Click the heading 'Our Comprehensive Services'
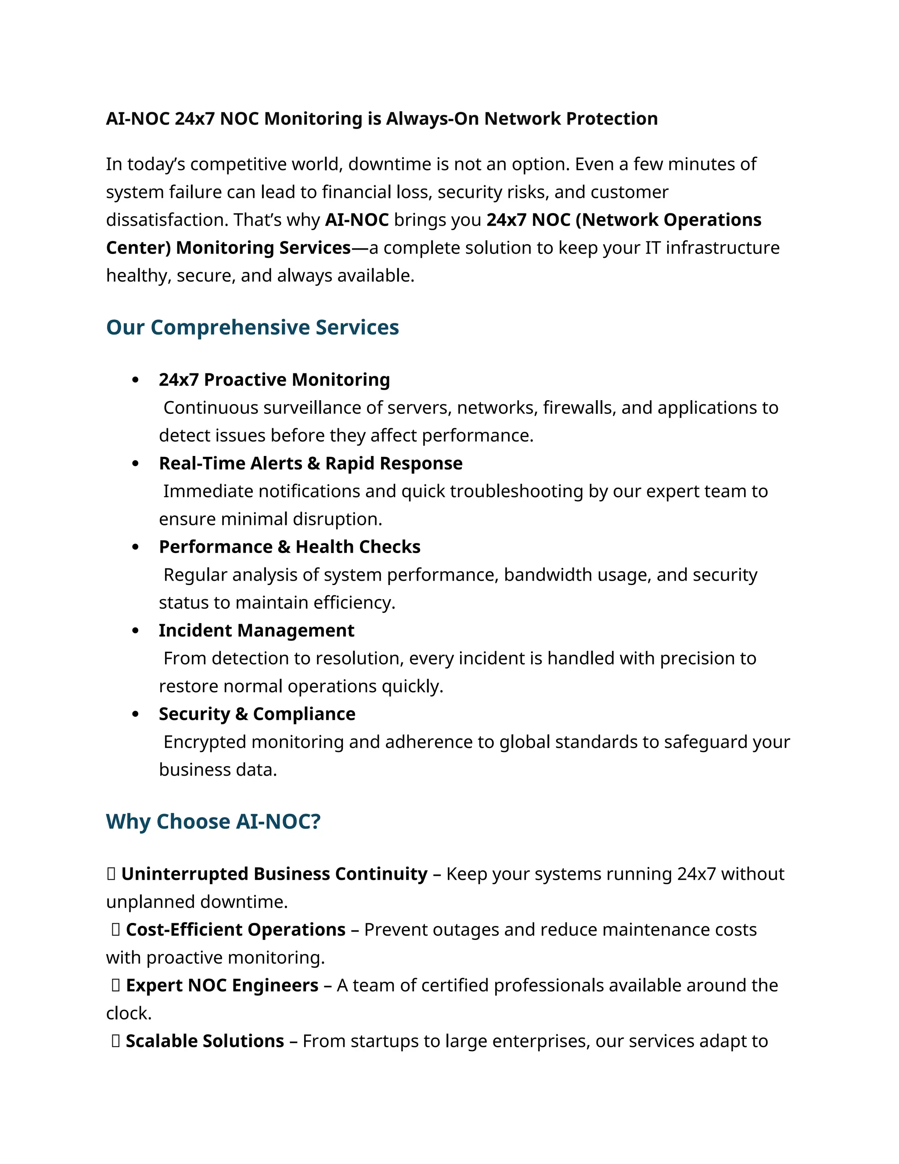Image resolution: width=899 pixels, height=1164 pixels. tap(252, 327)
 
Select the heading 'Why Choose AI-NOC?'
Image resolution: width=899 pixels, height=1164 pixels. tap(213, 821)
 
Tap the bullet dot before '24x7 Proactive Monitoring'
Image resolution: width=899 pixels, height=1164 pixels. tap(135, 380)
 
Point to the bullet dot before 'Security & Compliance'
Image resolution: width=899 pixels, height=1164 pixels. tap(135, 714)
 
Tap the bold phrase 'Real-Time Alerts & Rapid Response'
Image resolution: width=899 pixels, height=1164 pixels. tap(310, 463)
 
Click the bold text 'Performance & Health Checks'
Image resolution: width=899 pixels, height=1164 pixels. tap(290, 547)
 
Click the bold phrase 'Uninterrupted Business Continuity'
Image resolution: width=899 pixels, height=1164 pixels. tap(274, 874)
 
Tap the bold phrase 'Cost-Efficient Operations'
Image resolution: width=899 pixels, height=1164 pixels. tap(235, 929)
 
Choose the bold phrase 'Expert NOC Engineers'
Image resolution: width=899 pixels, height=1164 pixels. tap(222, 986)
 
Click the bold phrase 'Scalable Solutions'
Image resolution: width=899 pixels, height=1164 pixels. tap(205, 1041)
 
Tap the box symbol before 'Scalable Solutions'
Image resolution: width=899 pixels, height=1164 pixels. tap(115, 1041)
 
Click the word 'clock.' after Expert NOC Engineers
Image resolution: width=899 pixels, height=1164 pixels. tap(129, 1013)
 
